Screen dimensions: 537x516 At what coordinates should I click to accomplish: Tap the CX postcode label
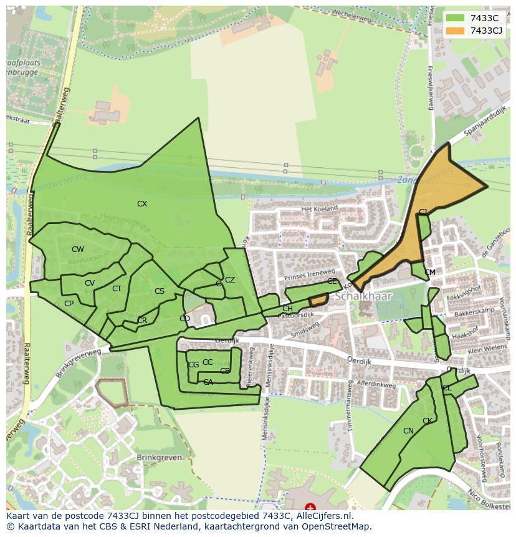[x=142, y=204]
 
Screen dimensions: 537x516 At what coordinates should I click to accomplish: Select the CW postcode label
[x=77, y=249]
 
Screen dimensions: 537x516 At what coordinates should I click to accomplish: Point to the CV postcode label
[x=90, y=283]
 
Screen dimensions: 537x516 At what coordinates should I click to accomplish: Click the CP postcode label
[x=69, y=304]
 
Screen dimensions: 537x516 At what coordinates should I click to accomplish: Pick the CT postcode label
[x=117, y=289]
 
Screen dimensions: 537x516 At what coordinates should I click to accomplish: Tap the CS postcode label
[x=160, y=291]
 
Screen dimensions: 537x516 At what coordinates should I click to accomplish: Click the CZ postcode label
[x=230, y=280]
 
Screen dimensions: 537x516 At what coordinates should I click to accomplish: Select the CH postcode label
[x=287, y=309]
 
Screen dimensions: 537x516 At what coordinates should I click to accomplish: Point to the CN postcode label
[x=408, y=431]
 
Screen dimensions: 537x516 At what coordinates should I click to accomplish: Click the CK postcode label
[x=428, y=421]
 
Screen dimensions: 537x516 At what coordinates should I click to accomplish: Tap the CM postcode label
[x=430, y=273]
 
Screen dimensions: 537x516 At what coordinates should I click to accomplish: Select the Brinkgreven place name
[x=160, y=457]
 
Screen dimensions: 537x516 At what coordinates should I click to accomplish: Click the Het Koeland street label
[x=319, y=208]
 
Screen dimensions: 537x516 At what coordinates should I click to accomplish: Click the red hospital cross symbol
[x=310, y=508]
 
